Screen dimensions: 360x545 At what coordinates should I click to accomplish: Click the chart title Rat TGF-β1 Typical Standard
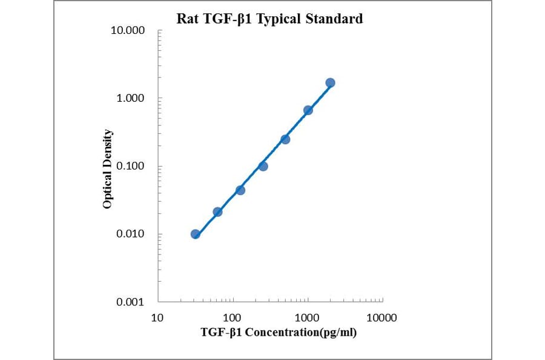tap(269, 19)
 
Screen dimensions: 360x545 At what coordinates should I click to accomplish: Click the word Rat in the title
tap(187, 19)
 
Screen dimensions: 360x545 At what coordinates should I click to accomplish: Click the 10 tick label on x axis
tap(157, 317)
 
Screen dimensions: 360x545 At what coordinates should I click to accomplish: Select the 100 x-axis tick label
tap(233, 317)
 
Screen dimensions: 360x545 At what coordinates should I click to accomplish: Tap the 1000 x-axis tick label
tap(308, 317)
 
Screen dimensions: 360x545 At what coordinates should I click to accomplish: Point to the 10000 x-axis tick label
tap(382, 317)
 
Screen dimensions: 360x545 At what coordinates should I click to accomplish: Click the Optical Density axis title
tap(107, 169)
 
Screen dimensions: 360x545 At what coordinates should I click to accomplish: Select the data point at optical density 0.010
tap(196, 234)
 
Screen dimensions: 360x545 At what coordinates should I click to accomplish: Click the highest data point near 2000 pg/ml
tap(330, 82)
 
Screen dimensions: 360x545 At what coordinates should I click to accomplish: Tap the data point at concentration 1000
tap(308, 110)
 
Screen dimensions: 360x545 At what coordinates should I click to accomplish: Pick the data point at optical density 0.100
tap(263, 166)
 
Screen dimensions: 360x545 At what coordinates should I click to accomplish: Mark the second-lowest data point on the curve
tap(218, 212)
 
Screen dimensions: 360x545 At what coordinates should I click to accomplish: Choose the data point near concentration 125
tap(240, 190)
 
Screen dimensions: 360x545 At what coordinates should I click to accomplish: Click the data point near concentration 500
tap(285, 139)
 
